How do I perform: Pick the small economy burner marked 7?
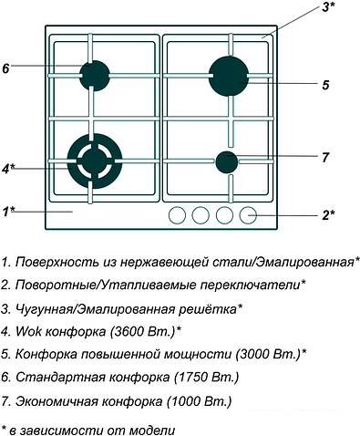click(226, 162)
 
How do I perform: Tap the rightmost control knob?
click(248, 216)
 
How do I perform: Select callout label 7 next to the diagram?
click(325, 157)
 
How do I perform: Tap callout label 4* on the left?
click(9, 169)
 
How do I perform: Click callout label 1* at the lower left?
click(8, 212)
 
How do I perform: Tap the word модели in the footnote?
click(147, 428)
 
